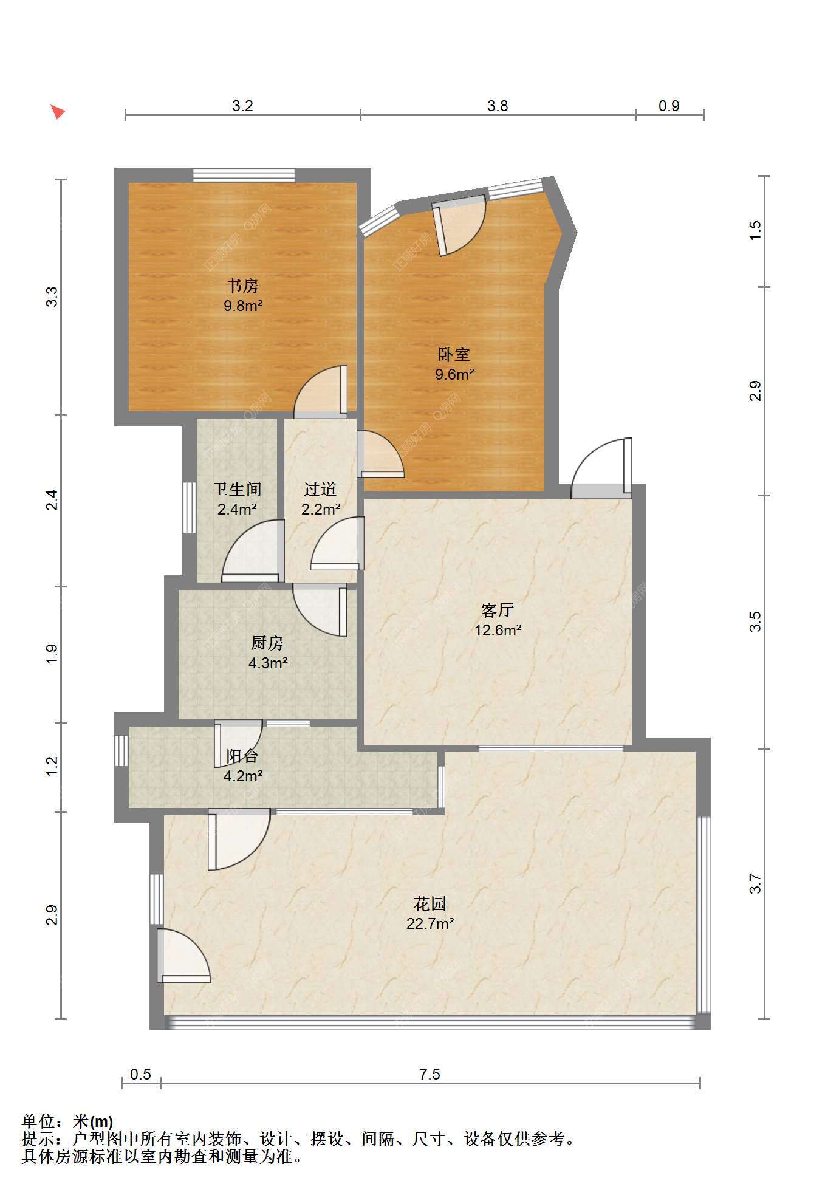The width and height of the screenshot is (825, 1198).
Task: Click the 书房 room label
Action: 243,286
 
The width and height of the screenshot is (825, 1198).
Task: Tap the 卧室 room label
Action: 454,354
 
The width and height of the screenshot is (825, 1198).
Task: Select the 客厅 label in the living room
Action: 498,610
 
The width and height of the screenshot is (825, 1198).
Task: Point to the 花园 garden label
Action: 430,904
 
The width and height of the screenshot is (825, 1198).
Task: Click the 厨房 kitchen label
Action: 267,643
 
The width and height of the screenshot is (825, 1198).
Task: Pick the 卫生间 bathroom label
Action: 237,489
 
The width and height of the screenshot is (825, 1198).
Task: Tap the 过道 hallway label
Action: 320,489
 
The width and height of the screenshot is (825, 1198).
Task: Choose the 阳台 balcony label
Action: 242,756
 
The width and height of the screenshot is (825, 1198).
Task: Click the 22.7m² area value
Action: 430,924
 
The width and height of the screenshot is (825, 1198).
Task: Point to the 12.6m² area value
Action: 498,630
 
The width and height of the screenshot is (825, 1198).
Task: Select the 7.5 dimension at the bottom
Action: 430,1074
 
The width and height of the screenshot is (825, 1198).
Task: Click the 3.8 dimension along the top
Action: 498,106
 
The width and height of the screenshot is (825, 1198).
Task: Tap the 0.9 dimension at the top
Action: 669,106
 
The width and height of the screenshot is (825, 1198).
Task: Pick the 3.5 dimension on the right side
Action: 755,621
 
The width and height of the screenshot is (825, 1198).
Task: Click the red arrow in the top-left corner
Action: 58,112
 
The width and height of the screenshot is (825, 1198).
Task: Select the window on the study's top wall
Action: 244,176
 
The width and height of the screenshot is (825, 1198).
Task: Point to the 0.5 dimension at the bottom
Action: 140,1074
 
